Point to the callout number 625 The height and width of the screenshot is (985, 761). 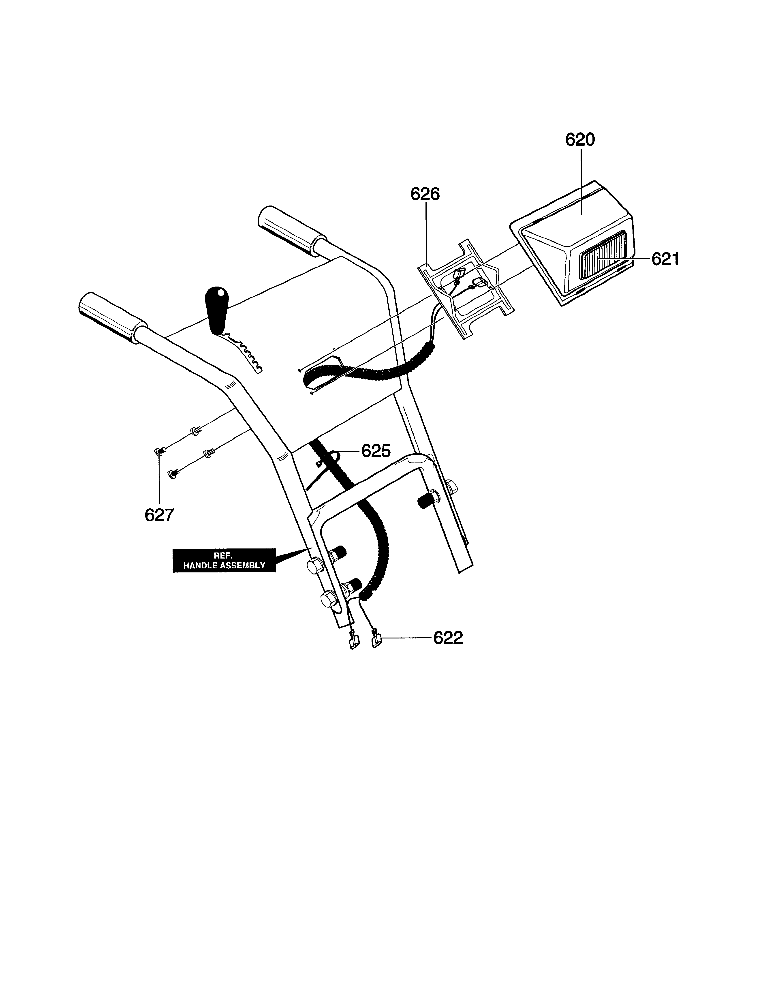click(376, 451)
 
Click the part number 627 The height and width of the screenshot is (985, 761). click(159, 515)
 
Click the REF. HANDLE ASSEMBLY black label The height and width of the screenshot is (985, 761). click(224, 561)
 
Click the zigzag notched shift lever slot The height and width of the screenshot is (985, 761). click(244, 352)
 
